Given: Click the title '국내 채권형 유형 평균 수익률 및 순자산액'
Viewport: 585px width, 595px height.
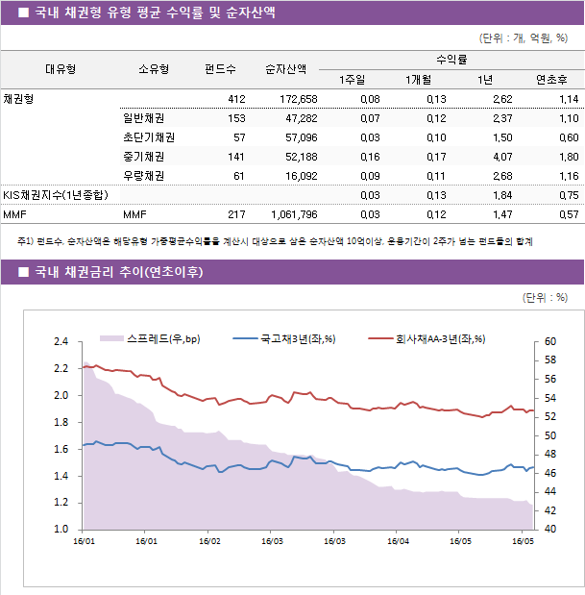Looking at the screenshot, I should (x=154, y=13).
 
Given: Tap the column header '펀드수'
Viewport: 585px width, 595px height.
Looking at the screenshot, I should (x=220, y=69).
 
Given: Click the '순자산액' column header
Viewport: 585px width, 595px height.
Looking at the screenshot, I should (x=285, y=69).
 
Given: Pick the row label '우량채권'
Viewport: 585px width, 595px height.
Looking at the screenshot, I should (x=143, y=176).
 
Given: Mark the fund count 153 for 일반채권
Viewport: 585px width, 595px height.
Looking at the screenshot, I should (x=235, y=118).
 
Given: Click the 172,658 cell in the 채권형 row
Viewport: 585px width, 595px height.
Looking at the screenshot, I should (x=298, y=99).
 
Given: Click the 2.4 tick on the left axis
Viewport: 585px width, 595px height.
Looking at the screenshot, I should (x=61, y=341).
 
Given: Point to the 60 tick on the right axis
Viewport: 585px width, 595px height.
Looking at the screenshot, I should (x=549, y=341).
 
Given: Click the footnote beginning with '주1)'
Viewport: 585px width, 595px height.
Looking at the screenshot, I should (x=274, y=241).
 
